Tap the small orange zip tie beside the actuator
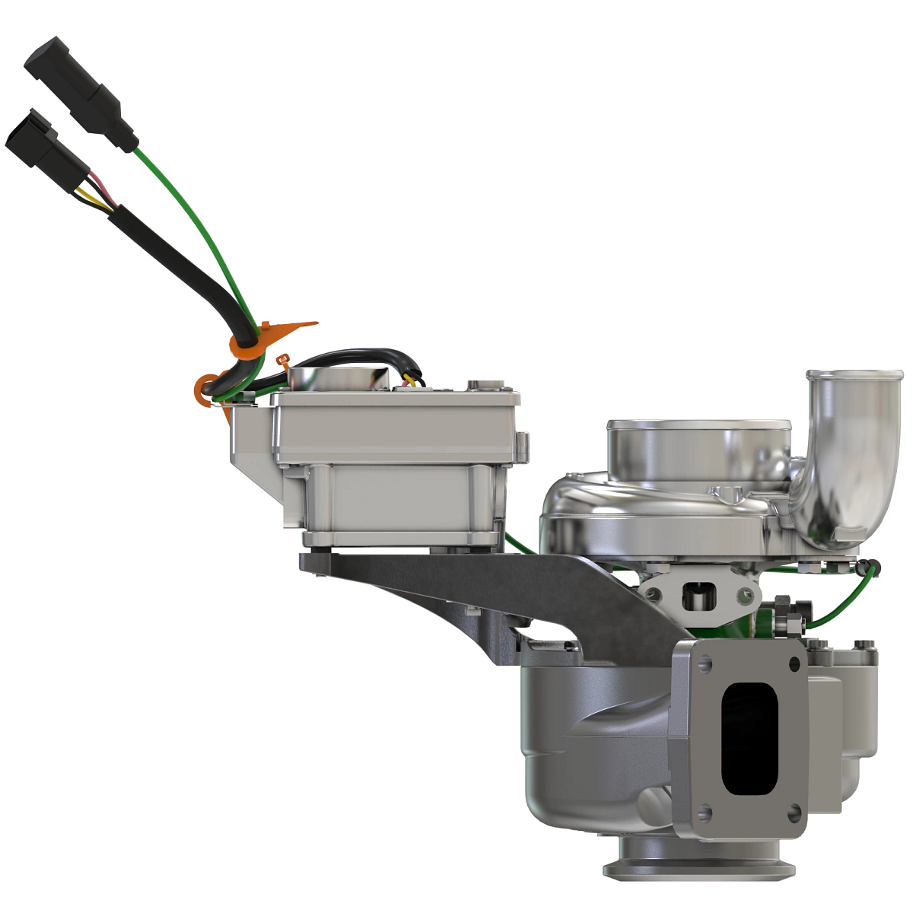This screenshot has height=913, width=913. tap(284, 361)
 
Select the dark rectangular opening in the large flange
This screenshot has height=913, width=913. tap(749, 738)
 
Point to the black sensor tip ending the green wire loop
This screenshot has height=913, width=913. tap(873, 567)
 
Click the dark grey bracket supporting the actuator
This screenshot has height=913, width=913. tap(456, 586)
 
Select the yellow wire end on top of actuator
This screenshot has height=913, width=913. tap(415, 378)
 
